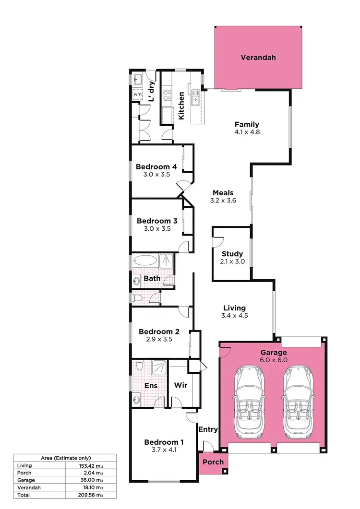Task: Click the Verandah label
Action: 258,58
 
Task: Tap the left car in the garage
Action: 249,402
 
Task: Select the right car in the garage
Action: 298,402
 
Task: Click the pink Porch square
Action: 213,462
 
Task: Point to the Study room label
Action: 232,254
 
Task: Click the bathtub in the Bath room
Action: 145,261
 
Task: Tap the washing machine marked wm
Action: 137,95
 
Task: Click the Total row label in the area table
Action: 23,495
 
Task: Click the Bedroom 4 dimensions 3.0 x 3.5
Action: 156,175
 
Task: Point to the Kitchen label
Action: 181,106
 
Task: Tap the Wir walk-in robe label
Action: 180,385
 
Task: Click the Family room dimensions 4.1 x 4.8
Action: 247,132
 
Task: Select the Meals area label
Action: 223,193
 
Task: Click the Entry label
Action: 208,429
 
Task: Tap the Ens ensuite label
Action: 150,385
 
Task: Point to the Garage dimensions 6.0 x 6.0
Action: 274,360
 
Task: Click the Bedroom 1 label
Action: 164,442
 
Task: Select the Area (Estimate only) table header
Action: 64,458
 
